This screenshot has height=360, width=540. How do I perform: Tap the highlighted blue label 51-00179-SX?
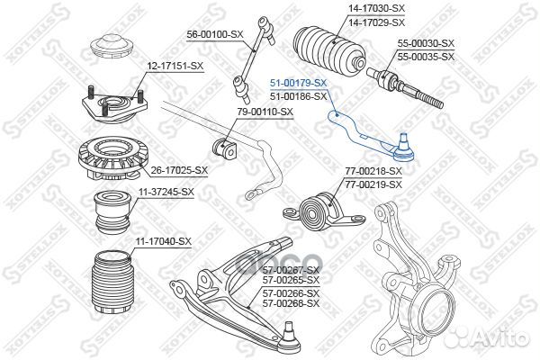pyautogui.click(x=299, y=82)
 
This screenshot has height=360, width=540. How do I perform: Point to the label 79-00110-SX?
pyautogui.click(x=265, y=112)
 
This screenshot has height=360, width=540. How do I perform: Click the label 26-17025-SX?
pyautogui.click(x=178, y=169)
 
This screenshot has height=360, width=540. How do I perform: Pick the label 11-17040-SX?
pyautogui.click(x=164, y=241)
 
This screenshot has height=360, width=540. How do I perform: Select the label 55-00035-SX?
pyautogui.click(x=427, y=56)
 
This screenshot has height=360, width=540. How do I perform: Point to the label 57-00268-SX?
pyautogui.click(x=291, y=303)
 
